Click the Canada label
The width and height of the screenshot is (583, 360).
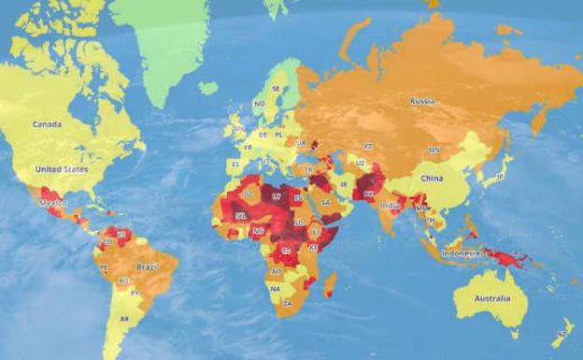pos(47,123)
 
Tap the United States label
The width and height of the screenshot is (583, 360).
pos(61,169)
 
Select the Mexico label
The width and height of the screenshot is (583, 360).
pos(51,202)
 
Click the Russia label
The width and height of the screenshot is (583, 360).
pos(423,100)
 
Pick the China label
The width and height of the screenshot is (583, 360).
pos(431,178)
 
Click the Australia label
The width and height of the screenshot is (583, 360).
pos(491,298)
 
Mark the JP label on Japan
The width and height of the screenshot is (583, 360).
pos(499,176)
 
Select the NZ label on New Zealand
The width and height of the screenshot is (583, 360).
pos(561,334)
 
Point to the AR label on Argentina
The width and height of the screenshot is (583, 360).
pos(123,319)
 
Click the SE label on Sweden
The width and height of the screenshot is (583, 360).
pos(276,88)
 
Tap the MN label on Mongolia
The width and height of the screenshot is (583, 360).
pos(434,150)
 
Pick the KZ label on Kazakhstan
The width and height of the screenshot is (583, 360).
pos(368,147)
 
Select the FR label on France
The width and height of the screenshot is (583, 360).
pos(248,147)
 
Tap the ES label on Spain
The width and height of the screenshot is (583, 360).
pos(234,164)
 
